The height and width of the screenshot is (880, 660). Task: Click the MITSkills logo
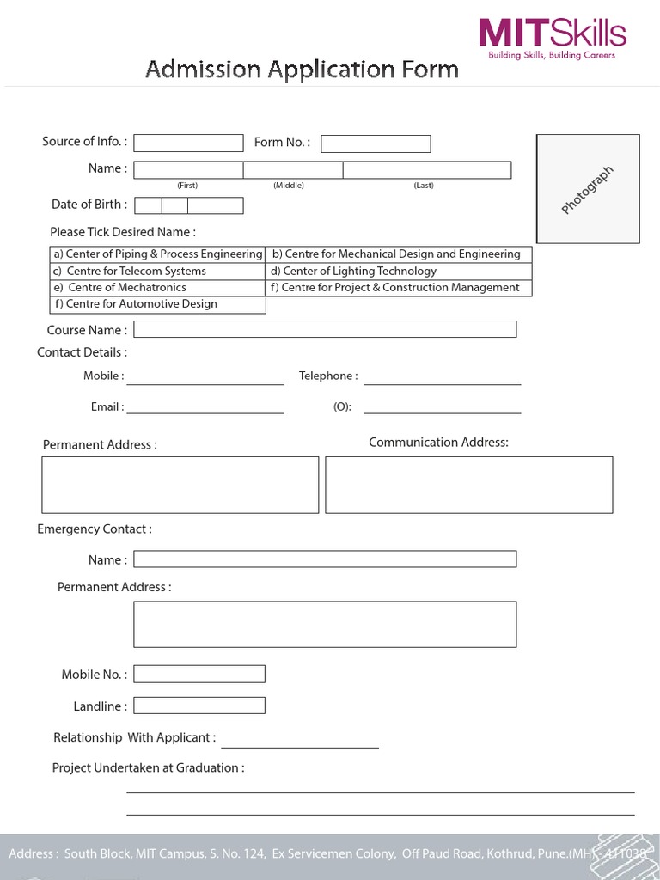point(553,38)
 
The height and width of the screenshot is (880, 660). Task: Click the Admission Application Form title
point(302,70)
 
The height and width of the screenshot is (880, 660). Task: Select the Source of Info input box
point(188,143)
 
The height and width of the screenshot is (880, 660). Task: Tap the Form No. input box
point(376,144)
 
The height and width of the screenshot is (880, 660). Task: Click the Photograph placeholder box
point(588,189)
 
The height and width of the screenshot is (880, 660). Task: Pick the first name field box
point(188,170)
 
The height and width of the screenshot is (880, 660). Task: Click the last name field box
point(426,170)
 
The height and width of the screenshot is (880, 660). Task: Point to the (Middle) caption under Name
point(289,186)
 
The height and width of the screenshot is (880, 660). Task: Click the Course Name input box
point(325,329)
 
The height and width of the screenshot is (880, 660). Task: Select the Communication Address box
point(468,485)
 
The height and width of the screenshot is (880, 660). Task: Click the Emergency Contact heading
point(95,529)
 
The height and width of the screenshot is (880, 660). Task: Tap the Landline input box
point(199,706)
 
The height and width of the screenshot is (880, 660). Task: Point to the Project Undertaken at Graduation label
point(148,768)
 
